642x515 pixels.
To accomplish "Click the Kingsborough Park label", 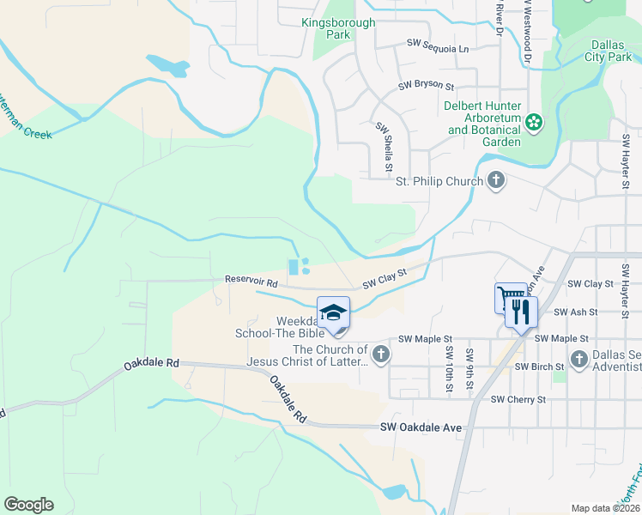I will click(x=338, y=29).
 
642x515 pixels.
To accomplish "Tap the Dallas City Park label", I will click(x=614, y=51).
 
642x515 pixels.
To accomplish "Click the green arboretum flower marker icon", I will click(x=535, y=123).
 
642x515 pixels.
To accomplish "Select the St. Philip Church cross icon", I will click(x=495, y=180).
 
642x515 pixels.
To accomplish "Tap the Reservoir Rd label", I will click(x=251, y=281).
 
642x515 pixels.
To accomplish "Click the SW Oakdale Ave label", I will click(x=421, y=427).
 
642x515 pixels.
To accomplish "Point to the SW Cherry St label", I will click(x=518, y=399).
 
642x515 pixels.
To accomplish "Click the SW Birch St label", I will click(x=541, y=367).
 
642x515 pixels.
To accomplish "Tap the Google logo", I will click(x=28, y=505).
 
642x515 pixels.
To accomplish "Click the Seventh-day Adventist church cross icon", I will click(x=579, y=358).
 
